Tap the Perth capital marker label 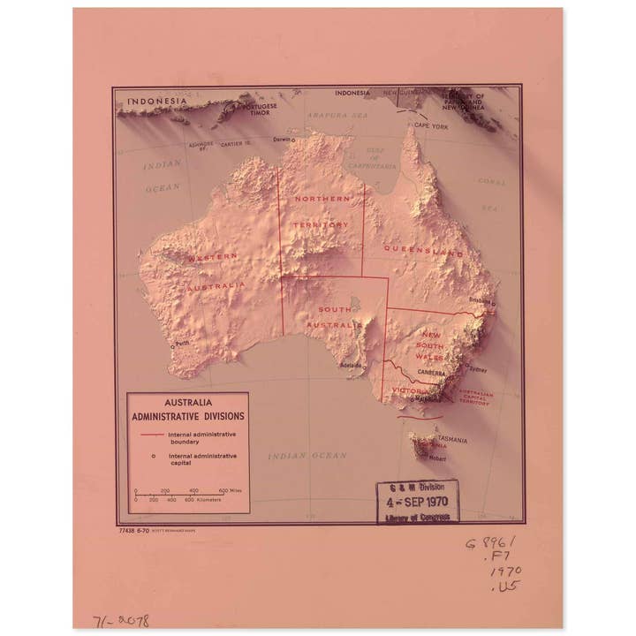point(182,344)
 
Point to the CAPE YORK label point(432,127)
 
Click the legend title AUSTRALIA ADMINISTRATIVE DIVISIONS point(187,408)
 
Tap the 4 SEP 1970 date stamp point(418,500)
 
